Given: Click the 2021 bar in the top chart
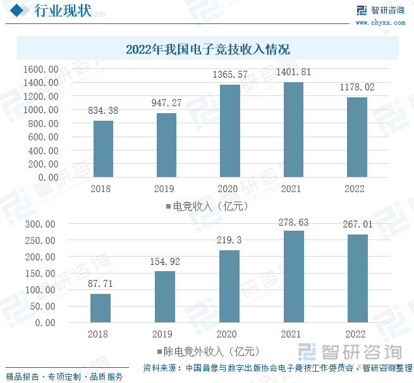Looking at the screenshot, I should pos(293,130).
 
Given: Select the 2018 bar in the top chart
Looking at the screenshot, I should pos(103,149).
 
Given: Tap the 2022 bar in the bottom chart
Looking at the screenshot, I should pos(357,278).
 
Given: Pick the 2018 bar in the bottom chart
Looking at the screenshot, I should pos(100,308).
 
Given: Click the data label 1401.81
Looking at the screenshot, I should pos(293,73).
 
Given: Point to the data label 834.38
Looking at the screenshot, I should pos(104,111).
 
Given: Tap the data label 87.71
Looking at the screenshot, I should pos(100,285).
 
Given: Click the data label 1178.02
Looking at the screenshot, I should pos(357,88).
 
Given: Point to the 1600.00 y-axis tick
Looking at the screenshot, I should pos(41,69).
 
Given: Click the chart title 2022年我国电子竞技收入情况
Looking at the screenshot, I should pos(207,49).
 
